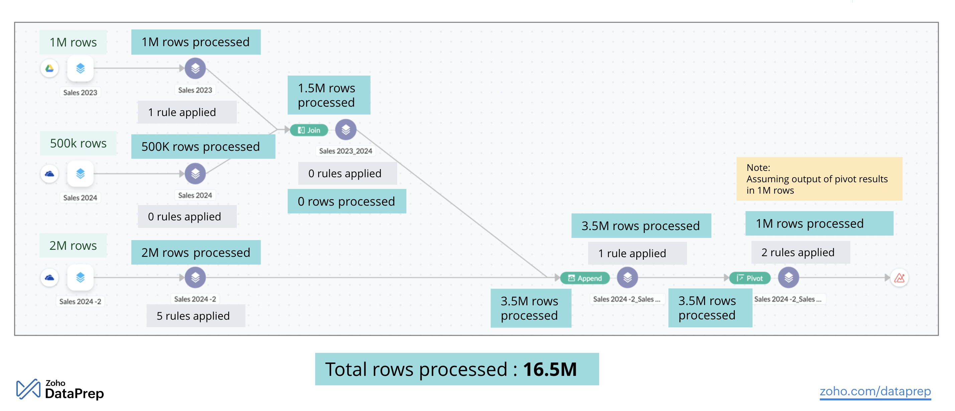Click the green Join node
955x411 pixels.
309,130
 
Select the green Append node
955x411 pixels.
585,278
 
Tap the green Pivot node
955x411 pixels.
749,278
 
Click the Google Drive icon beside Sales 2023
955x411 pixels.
50,68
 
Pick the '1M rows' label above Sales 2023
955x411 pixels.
73,42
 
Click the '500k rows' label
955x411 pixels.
78,143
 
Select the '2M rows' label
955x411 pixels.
73,245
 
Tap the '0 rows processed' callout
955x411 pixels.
346,201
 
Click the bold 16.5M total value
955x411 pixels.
549,370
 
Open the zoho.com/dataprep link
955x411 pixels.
875,391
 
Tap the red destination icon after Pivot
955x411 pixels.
900,278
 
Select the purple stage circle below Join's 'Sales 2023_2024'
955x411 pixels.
346,130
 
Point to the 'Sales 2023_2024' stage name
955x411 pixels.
346,151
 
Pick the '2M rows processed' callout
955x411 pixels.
196,252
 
